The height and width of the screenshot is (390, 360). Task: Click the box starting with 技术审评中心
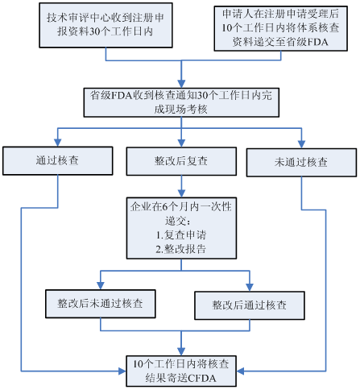(x=106, y=25)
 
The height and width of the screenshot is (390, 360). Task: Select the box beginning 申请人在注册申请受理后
(x=280, y=28)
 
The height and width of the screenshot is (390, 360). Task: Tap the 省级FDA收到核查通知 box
(x=181, y=102)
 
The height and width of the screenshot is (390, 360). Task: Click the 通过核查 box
(x=58, y=161)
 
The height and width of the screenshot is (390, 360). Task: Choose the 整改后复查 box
(x=181, y=161)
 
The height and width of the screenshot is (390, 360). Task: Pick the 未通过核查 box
(x=301, y=163)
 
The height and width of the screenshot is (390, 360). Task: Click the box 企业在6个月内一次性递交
(x=181, y=228)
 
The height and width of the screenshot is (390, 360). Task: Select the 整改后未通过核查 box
(x=101, y=304)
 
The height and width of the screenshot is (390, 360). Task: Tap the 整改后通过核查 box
(x=250, y=305)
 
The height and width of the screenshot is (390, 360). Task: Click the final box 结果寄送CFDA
(x=181, y=371)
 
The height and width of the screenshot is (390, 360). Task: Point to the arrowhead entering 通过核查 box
(x=58, y=143)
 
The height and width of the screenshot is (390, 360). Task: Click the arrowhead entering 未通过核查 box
(x=301, y=144)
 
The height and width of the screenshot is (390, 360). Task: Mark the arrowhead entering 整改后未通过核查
(x=101, y=285)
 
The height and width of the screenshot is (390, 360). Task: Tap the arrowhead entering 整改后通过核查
(x=250, y=288)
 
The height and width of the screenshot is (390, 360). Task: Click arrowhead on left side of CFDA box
(x=122, y=371)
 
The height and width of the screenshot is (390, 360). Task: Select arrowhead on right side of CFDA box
(x=241, y=371)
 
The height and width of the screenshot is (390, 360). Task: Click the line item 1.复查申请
(x=181, y=235)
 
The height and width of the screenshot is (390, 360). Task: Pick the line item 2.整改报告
(x=181, y=249)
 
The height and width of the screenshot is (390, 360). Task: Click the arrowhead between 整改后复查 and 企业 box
(x=181, y=193)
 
